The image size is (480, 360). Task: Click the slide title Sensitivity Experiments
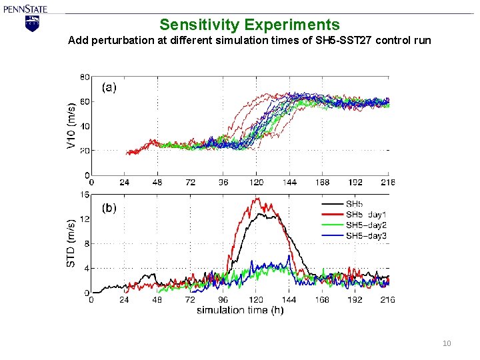pyautogui.click(x=249, y=25)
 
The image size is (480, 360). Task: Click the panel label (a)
pyautogui.click(x=109, y=87)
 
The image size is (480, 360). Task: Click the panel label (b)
pyautogui.click(x=109, y=208)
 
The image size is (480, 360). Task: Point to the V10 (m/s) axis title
pyautogui.click(x=71, y=125)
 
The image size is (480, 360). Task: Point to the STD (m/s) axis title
pyautogui.click(x=71, y=243)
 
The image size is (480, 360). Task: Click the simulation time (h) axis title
pyautogui.click(x=239, y=310)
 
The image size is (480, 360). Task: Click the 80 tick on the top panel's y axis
pyautogui.click(x=85, y=77)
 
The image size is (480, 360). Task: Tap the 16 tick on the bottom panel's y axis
pyautogui.click(x=85, y=195)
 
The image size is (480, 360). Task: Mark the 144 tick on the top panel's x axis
pyautogui.click(x=289, y=182)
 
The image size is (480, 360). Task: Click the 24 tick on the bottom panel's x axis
pyautogui.click(x=124, y=300)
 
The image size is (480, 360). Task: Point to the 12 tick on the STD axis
pyautogui.click(x=85, y=219)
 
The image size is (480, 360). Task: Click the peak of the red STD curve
pyautogui.click(x=256, y=198)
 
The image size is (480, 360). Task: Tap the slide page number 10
pyautogui.click(x=447, y=343)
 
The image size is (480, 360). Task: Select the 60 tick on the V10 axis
pyautogui.click(x=85, y=101)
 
